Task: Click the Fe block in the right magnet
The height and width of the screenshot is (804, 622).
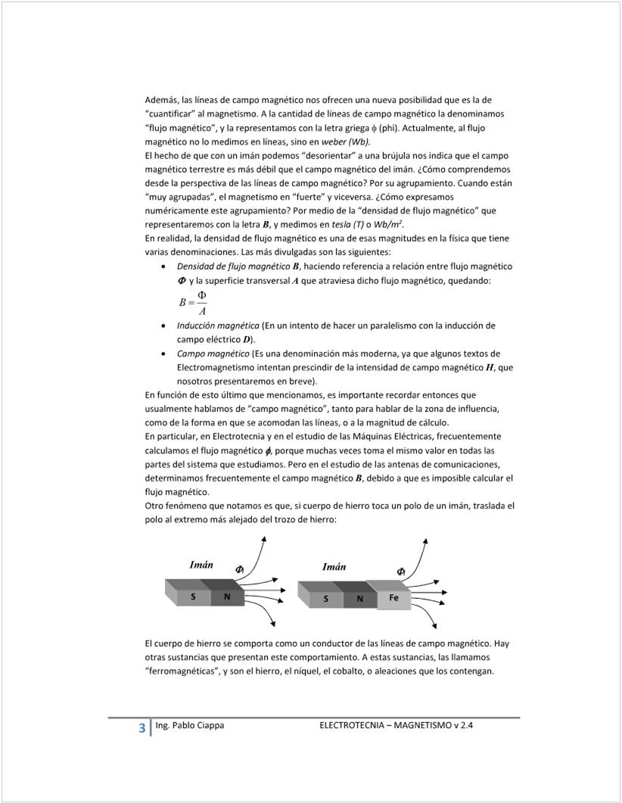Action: (x=394, y=598)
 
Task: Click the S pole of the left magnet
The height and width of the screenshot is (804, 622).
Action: (x=193, y=597)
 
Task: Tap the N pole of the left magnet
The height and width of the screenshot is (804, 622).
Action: (x=227, y=597)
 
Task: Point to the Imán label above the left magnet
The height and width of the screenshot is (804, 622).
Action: (x=201, y=565)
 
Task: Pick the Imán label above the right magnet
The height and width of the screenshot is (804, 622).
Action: (x=334, y=567)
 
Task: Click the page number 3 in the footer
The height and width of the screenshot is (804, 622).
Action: (x=142, y=728)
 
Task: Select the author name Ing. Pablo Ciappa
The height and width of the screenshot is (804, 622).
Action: (x=189, y=725)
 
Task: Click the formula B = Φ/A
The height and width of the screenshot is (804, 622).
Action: (x=193, y=303)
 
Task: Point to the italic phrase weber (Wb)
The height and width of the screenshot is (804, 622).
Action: (x=346, y=142)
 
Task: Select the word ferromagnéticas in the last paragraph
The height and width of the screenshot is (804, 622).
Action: (x=182, y=672)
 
